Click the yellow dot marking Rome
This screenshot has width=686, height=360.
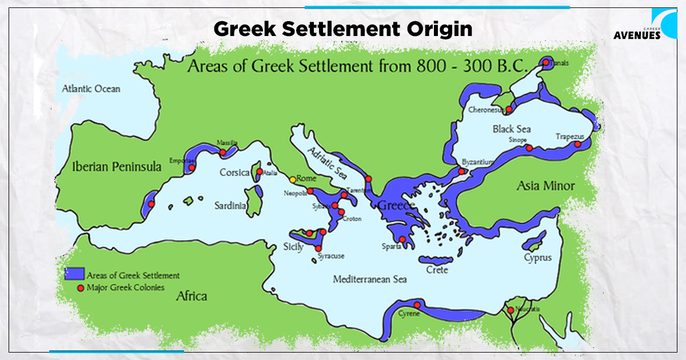[293, 179]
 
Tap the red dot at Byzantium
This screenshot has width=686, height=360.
[461, 171]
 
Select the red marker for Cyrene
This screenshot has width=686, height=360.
[417, 305]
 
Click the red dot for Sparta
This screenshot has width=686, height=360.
[402, 239]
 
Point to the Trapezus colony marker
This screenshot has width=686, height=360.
[577, 144]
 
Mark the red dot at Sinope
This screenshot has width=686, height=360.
[529, 148]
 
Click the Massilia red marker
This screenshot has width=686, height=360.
[222, 152]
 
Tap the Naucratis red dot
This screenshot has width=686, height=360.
[510, 310]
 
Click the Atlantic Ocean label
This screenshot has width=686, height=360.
[91, 89]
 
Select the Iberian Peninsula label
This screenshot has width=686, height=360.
[117, 166]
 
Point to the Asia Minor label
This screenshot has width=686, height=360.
[546, 186]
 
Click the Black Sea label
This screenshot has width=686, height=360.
[512, 129]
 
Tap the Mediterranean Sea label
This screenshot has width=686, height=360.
[370, 279]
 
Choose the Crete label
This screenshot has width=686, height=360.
[437, 270]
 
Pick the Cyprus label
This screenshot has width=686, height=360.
[538, 257]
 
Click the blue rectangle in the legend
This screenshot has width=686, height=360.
[75, 274]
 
